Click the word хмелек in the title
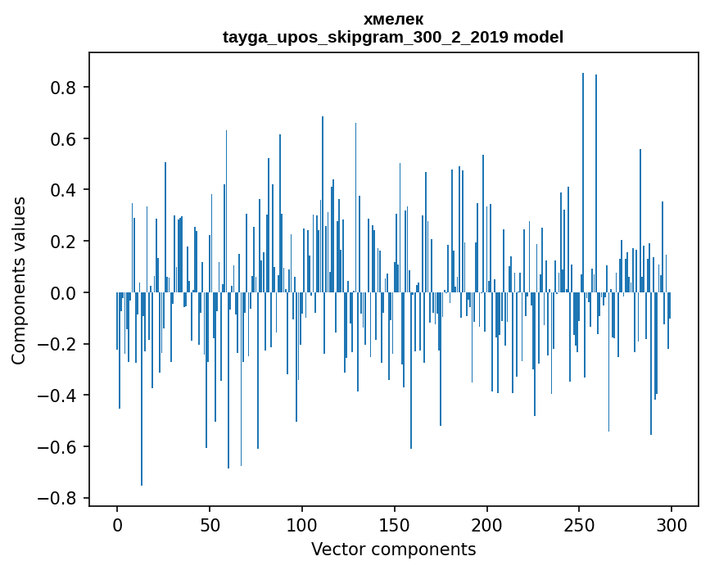coord(393,19)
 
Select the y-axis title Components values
coord(19,280)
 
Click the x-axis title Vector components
coord(393,550)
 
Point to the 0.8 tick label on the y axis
coord(63,88)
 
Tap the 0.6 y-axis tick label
coord(63,139)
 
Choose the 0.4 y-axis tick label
coord(63,190)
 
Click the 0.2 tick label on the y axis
coord(63,242)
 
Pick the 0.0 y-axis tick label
coord(63,293)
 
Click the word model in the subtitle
coord(538,37)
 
